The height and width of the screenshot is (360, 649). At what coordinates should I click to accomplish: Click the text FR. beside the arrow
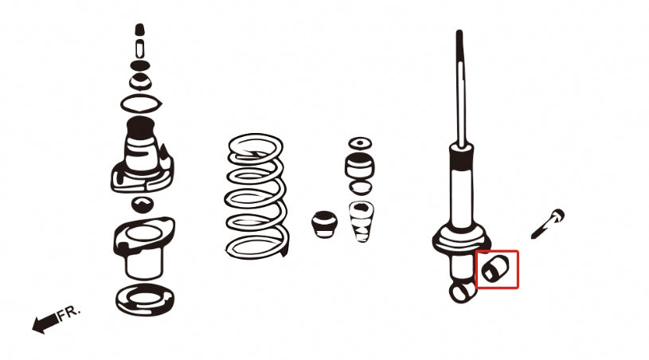pyautogui.click(x=69, y=311)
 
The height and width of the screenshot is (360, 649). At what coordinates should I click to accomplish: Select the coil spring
pyautogui.click(x=256, y=195)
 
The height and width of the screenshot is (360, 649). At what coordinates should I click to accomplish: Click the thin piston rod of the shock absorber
pyautogui.click(x=460, y=88)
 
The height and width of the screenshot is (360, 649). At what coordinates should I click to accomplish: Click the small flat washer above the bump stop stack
pyautogui.click(x=359, y=143)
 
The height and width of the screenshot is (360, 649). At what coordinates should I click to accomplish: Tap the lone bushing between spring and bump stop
pyautogui.click(x=323, y=222)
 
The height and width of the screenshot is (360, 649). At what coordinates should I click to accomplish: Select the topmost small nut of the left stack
pyautogui.click(x=139, y=30)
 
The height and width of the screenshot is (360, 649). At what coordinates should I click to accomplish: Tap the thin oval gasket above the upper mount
pyautogui.click(x=141, y=104)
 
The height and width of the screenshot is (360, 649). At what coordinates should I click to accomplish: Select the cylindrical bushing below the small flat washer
pyautogui.click(x=359, y=166)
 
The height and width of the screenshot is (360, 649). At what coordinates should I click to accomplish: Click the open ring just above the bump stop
pyautogui.click(x=360, y=188)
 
